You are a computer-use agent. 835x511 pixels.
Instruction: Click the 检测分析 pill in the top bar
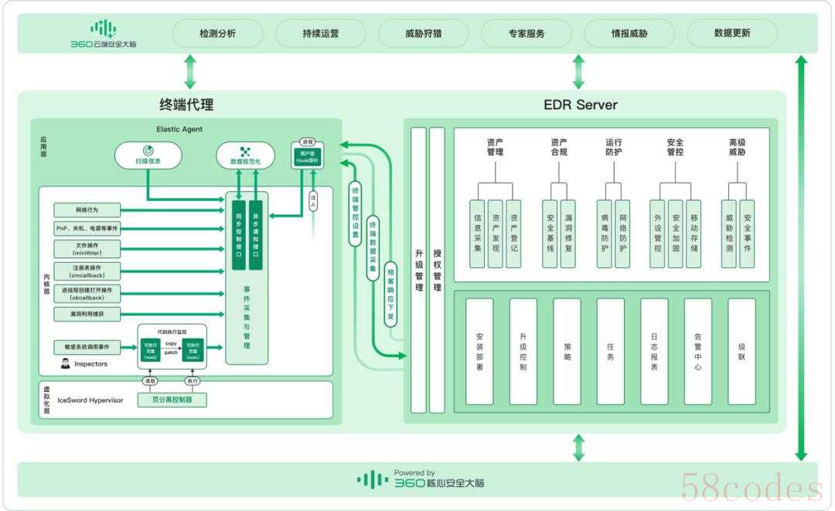[x=217, y=34]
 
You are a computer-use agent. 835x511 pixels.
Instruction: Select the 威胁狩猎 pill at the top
[x=424, y=34]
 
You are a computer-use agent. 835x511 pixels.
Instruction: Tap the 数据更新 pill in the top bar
[x=732, y=34]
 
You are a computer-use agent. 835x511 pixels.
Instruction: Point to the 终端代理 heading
[x=186, y=104]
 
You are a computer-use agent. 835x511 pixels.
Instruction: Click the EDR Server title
[x=580, y=104]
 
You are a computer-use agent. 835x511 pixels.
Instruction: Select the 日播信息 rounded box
[x=148, y=155]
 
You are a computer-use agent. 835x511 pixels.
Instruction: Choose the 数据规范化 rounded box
[x=245, y=155]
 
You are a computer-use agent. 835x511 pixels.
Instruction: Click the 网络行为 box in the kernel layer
[x=87, y=210]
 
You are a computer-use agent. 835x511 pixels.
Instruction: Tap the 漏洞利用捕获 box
[x=87, y=314]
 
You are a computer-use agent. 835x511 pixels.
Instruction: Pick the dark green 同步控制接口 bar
[x=238, y=234]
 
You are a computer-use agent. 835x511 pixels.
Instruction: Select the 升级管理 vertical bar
[x=419, y=270]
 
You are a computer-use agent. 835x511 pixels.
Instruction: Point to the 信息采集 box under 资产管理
[x=477, y=233]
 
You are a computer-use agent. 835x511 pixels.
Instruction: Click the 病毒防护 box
[x=605, y=233]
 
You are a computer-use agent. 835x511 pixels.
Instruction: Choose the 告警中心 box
[x=698, y=351]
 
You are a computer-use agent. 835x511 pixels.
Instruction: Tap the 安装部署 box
[x=479, y=351]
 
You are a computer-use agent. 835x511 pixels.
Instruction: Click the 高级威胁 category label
[x=737, y=147]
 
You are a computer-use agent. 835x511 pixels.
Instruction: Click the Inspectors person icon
[x=66, y=363]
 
